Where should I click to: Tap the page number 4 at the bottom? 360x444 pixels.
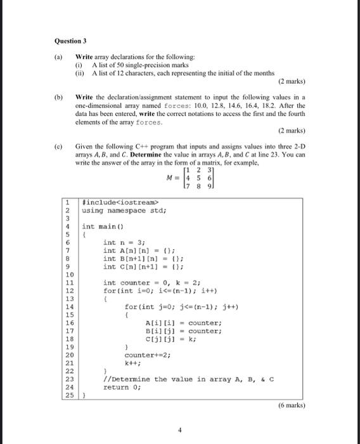180,429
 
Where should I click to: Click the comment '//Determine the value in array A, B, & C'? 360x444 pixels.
188,379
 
